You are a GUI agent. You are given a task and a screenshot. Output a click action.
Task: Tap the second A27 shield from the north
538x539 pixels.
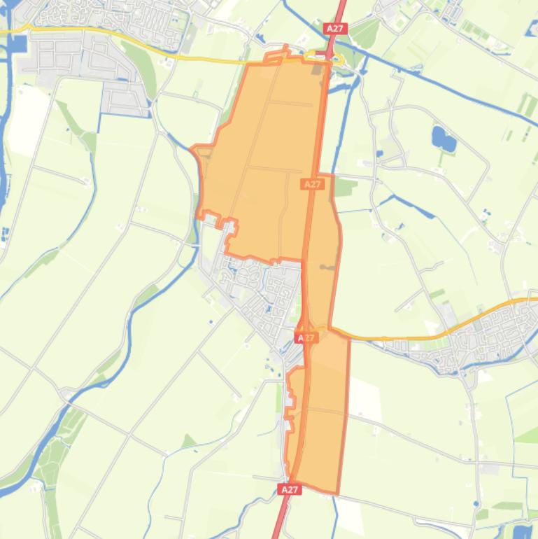pyautogui.click(x=312, y=184)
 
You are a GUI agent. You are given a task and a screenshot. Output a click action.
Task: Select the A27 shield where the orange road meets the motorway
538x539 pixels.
pyautogui.click(x=306, y=337)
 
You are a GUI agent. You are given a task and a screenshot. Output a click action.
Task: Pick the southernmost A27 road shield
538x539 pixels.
pyautogui.click(x=290, y=489)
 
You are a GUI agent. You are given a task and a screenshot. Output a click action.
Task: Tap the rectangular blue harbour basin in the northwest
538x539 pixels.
pyautogui.click(x=17, y=44)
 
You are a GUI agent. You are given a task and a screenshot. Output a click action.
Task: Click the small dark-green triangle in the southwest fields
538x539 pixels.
pyautogui.click(x=187, y=442)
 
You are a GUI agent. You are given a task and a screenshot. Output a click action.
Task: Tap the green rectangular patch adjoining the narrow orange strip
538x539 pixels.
pyautogui.click(x=345, y=187)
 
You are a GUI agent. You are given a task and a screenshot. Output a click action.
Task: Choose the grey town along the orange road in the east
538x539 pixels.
pyautogui.click(x=483, y=336)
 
